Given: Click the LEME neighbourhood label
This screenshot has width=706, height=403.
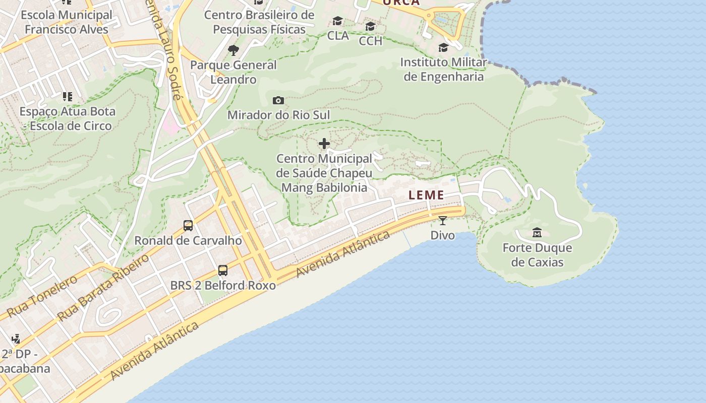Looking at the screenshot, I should point(426,195).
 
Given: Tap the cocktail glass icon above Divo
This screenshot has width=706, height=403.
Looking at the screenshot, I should point(443,221).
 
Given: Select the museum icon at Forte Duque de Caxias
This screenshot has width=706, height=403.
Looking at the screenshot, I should point(537,233).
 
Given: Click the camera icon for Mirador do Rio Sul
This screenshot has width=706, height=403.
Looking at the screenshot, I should point(278,101).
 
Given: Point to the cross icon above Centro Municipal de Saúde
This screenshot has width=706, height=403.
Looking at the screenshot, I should point(324,144).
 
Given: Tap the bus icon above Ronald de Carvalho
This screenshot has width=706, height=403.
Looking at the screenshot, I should point(188,226).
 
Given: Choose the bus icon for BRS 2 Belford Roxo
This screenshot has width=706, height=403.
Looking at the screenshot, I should point(223,271).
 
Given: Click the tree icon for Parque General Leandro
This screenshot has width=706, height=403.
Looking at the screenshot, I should point(233,50).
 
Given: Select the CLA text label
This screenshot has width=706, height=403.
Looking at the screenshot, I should point(338,36).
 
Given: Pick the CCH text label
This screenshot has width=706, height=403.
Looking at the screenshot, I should point(371,41).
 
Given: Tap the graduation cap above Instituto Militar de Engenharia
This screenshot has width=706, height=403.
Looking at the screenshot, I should point(443,48).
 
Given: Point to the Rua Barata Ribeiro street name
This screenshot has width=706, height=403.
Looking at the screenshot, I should point(103,288).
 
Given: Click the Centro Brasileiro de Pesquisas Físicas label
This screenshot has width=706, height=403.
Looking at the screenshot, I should point(259,22).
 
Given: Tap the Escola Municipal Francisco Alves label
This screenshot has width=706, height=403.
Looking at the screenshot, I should point(67,22).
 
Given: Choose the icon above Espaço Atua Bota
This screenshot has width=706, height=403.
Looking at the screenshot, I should point(67,96).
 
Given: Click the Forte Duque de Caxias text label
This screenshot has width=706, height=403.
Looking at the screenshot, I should point(537,255).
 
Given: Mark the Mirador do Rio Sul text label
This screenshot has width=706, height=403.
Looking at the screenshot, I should point(278,115).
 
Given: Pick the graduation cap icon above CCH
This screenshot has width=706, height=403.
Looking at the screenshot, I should point(371,27).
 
